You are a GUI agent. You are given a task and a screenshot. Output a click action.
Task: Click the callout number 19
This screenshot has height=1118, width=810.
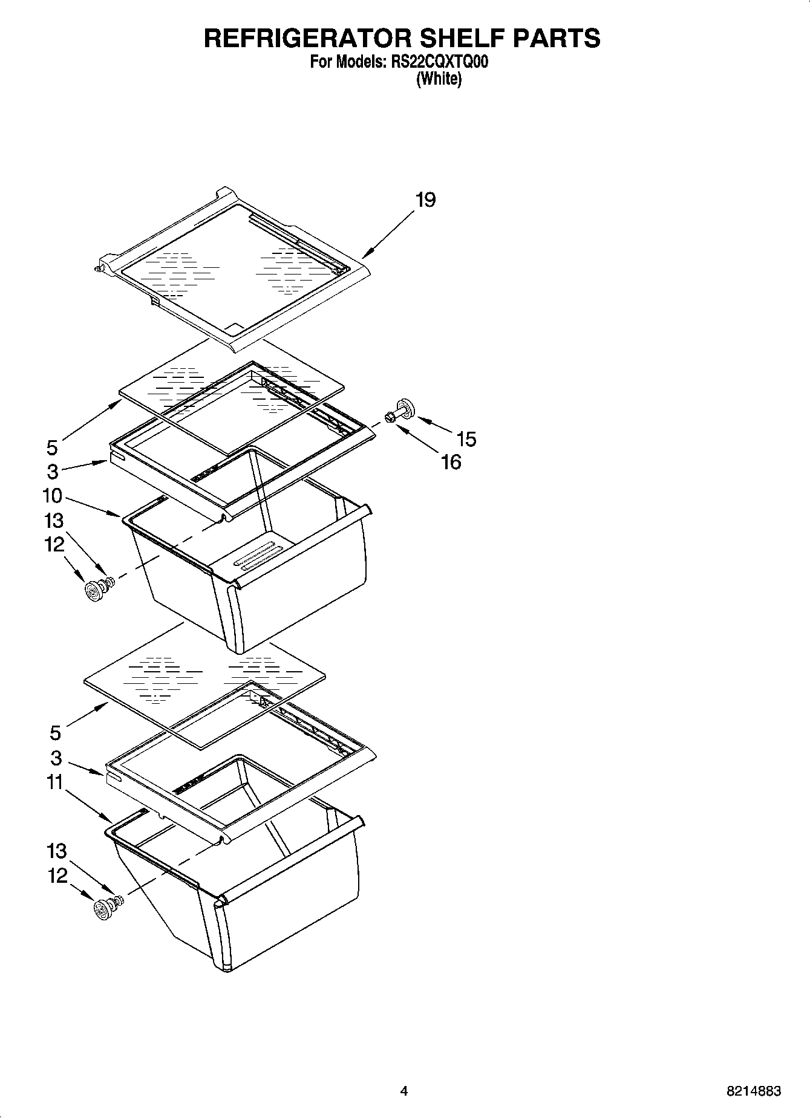point(425,200)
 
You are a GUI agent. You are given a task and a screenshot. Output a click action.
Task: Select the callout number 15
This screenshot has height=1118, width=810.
point(466,439)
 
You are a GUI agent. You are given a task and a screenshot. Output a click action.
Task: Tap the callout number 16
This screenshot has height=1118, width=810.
point(451,463)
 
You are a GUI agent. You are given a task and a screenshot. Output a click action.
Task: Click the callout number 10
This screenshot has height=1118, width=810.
point(53,496)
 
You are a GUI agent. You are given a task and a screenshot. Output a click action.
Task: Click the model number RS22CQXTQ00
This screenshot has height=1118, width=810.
point(436,62)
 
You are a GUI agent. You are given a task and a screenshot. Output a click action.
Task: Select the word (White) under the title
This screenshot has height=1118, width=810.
point(439,79)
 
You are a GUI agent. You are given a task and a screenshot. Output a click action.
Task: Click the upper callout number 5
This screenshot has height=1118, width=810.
point(53,448)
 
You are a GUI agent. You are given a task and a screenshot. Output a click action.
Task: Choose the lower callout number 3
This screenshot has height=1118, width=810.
point(56,758)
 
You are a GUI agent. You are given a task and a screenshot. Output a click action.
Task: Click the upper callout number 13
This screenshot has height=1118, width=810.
point(54,521)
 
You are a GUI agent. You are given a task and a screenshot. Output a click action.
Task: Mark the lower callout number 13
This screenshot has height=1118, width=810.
point(56,851)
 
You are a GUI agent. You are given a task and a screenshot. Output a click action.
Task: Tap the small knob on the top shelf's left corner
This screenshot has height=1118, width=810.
point(99,267)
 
